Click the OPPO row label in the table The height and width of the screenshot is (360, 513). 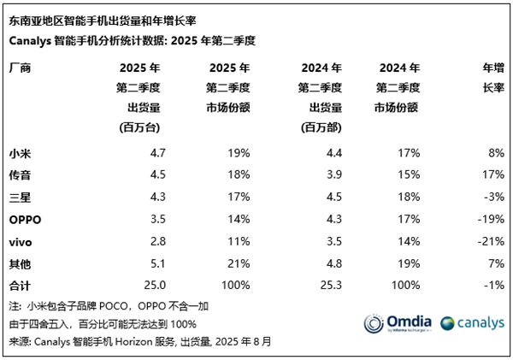click(26, 220)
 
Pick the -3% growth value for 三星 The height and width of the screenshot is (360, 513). click(492, 198)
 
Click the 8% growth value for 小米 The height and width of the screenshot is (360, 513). click(494, 153)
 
